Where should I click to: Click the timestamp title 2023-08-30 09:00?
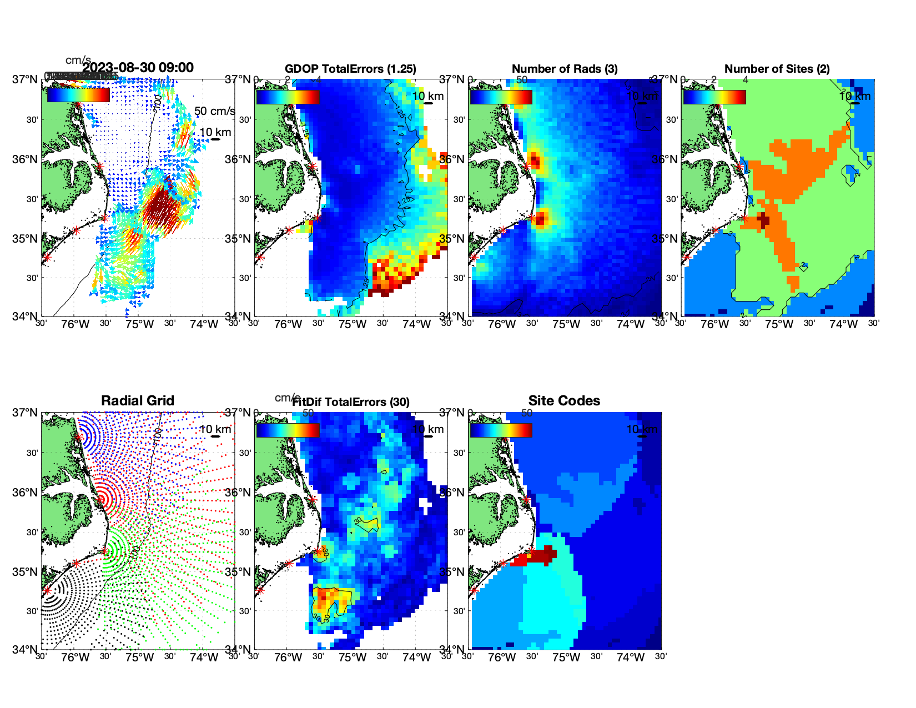[138, 68]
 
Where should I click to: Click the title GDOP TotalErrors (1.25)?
[350, 69]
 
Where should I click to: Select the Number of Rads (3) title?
[565, 69]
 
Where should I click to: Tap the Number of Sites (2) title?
[777, 69]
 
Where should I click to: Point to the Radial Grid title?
[138, 401]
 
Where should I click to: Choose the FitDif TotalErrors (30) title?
[351, 402]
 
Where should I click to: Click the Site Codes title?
[564, 401]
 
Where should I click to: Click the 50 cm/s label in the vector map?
[214, 111]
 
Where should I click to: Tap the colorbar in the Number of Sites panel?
[714, 97]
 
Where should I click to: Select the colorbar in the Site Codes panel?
[501, 430]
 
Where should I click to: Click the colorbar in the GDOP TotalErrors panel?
[288, 97]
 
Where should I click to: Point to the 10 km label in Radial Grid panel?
[215, 429]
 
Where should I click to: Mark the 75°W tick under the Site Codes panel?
[566, 657]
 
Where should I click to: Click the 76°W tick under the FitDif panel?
[288, 657]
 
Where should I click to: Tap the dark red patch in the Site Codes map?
[541, 555]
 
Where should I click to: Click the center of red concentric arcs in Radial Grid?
[104, 498]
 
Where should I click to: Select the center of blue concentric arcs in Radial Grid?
[79, 437]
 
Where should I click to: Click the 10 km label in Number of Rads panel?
[642, 96]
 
